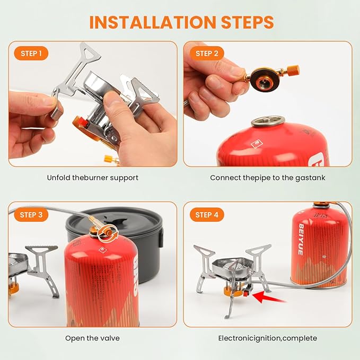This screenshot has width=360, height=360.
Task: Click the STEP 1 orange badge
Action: coord(31,54)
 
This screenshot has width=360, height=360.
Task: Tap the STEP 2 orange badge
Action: coord(207,54)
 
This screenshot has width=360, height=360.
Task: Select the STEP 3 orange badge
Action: coord(31,215)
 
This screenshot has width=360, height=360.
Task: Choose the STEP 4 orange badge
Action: coord(207,215)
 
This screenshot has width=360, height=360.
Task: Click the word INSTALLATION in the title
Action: coord(153,22)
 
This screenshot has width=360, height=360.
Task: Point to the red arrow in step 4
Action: coord(269,297)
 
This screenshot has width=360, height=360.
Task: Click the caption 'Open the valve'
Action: coord(92,338)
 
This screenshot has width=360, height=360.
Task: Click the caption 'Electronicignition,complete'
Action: coord(267,338)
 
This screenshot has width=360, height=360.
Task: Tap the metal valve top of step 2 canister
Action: coord(268,121)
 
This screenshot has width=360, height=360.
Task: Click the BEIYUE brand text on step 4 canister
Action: coord(301,239)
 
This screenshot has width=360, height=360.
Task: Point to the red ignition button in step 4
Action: coord(247,293)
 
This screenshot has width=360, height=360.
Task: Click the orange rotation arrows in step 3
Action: coord(108,233)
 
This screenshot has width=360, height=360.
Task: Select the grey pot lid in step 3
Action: coord(114,221)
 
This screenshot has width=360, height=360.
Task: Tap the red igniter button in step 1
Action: coord(83,122)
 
